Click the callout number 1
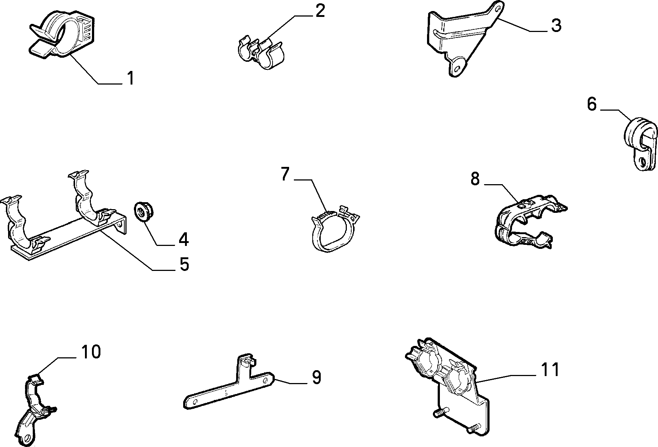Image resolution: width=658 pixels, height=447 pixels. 130,78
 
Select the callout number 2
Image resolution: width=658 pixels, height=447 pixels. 320,11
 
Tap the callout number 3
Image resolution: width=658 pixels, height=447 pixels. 556,25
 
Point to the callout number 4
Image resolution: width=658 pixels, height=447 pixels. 184,239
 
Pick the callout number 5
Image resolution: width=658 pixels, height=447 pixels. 184,264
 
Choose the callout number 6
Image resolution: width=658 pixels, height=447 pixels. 591,104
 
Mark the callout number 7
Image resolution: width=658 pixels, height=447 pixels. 285,174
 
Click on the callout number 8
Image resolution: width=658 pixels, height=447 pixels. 475,179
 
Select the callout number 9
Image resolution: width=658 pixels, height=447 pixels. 316,377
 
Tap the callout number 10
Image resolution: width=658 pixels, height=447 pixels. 90,352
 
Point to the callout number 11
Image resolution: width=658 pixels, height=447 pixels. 550,369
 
